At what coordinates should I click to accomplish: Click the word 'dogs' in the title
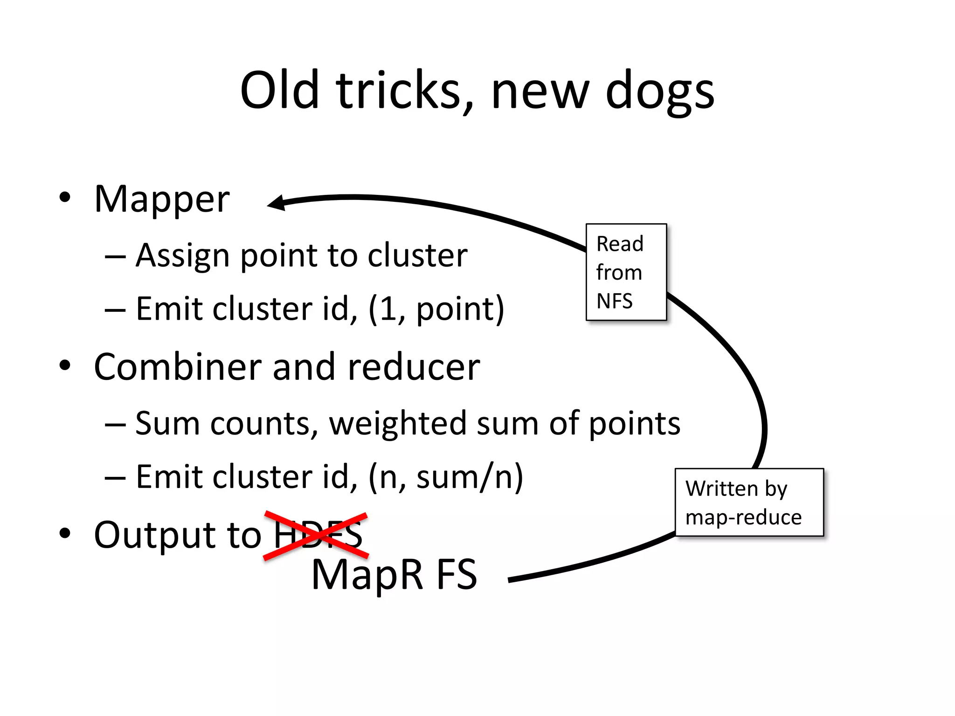point(659,92)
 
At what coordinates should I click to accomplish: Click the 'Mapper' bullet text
point(162,200)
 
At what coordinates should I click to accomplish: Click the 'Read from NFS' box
point(626,272)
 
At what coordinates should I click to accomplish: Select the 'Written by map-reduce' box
point(749,503)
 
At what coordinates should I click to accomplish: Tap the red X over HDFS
point(316,535)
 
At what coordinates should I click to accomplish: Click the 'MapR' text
point(367,575)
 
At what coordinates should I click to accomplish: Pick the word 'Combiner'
point(178,367)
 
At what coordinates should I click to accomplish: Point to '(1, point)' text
point(436,309)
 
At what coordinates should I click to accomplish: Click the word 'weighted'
point(398,424)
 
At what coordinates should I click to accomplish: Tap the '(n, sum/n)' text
point(445,477)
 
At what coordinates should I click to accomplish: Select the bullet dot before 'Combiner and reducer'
point(65,365)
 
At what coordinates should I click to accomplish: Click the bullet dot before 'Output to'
point(65,533)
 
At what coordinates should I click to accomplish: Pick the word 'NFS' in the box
point(615,301)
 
